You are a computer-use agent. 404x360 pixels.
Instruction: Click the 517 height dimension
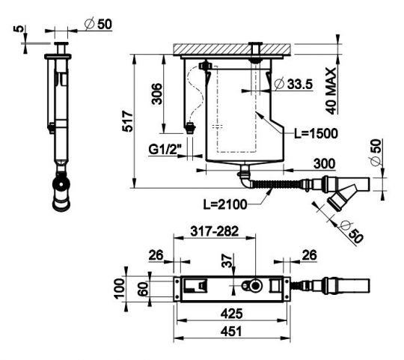click(x=127, y=121)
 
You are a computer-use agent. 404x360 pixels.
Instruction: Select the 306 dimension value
click(x=156, y=94)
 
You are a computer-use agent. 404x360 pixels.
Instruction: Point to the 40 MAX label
click(x=331, y=91)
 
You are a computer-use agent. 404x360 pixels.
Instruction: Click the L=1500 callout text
click(x=316, y=133)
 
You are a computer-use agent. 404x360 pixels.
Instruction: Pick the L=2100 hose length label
click(x=225, y=204)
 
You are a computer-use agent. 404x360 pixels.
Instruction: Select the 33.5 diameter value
click(x=300, y=85)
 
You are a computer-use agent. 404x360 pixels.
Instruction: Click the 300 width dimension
click(x=325, y=164)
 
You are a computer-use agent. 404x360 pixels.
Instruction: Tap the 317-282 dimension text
click(x=215, y=231)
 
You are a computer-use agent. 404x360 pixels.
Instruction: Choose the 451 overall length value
click(x=231, y=331)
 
